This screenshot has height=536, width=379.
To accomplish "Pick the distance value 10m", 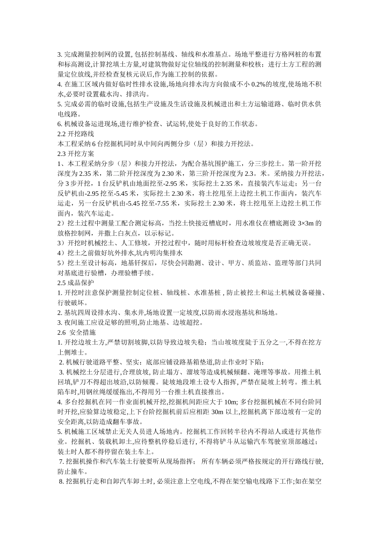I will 230,402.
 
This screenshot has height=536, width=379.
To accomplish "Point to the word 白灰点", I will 124,233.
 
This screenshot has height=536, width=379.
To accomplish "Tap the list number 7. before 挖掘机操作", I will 61,461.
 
